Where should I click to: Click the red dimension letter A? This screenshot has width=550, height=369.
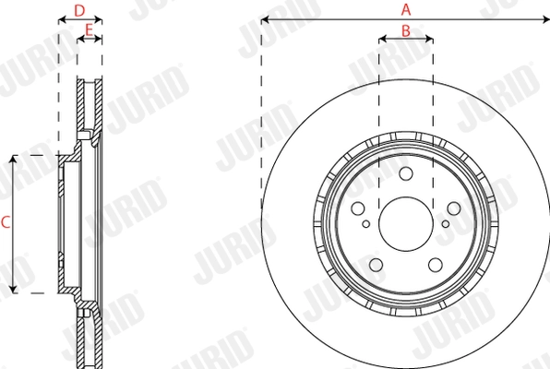click(405, 9)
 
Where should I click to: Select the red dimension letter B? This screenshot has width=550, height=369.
click(405, 30)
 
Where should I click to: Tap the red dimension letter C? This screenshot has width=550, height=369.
click(6, 222)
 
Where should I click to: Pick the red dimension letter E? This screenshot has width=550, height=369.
click(89, 30)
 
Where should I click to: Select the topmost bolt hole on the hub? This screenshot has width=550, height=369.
click(405, 175)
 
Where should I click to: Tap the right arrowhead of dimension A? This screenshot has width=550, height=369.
click(545, 18)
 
